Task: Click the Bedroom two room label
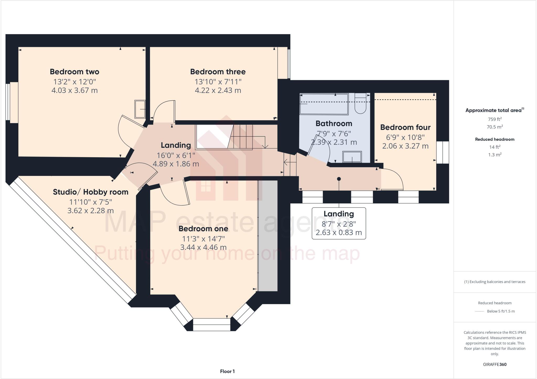[74, 72]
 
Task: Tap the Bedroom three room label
[218, 72]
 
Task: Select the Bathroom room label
[334, 123]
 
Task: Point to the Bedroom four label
[405, 127]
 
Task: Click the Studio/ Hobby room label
[90, 192]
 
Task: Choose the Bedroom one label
[203, 229]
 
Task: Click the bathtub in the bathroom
[324, 104]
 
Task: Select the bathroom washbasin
[352, 157]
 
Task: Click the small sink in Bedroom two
[140, 109]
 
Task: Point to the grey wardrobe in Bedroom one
[268, 236]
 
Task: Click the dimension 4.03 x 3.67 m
[74, 91]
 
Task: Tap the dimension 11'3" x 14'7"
[203, 239]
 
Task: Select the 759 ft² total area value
[495, 119]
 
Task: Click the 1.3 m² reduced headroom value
[495, 155]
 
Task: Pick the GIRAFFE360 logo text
[495, 364]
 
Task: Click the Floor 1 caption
[227, 371]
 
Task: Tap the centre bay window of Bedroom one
[211, 324]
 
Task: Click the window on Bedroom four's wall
[443, 152]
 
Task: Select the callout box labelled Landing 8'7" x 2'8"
[339, 223]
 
